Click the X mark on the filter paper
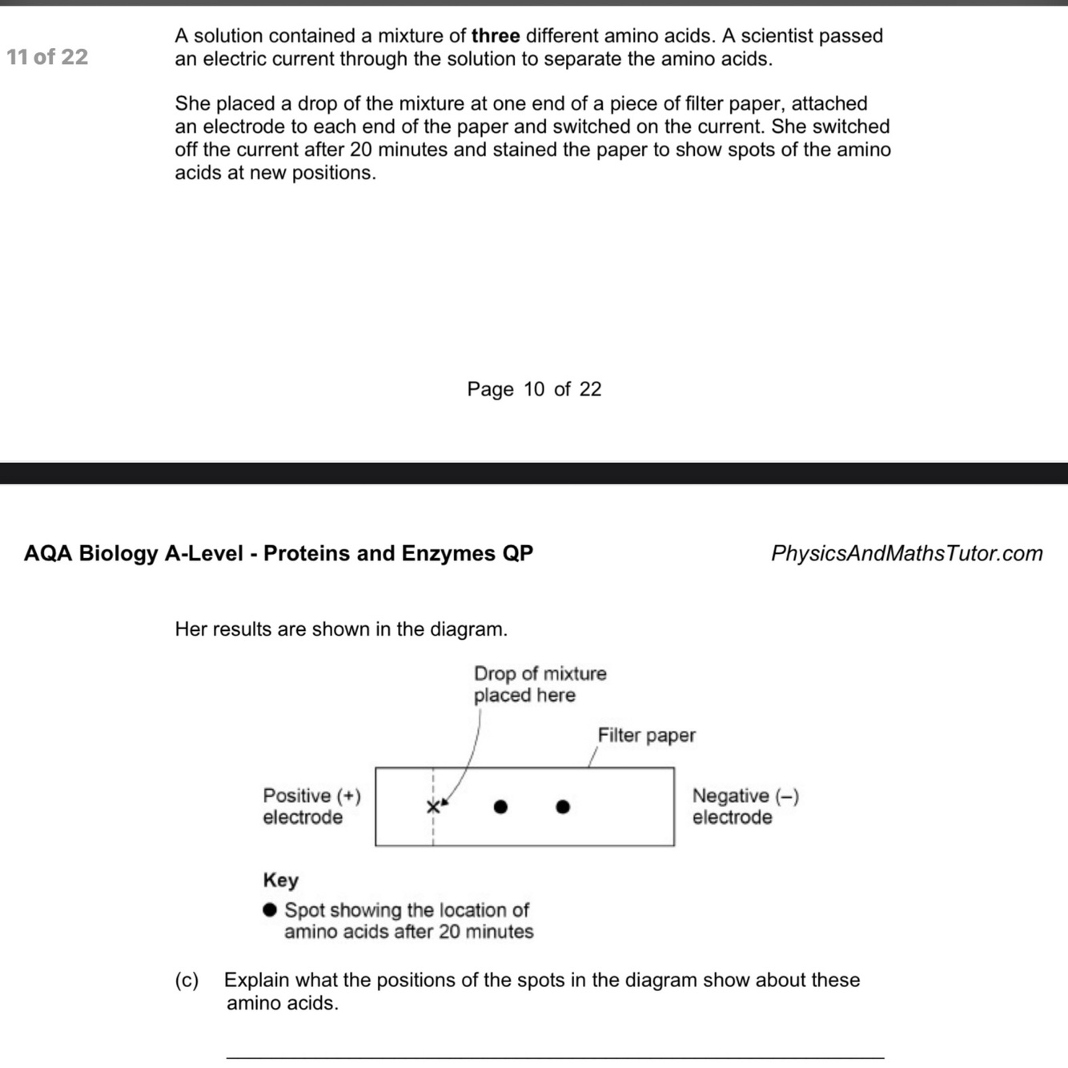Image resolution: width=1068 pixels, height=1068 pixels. tap(432, 806)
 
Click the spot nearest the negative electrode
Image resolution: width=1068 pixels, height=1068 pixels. tap(563, 806)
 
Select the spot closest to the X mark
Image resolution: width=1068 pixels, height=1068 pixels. tap(500, 806)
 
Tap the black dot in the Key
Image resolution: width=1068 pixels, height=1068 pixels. tap(271, 909)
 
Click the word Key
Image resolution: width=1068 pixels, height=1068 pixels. tap(280, 880)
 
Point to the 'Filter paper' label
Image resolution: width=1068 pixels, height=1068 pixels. tap(646, 735)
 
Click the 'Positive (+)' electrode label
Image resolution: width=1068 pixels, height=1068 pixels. tap(311, 796)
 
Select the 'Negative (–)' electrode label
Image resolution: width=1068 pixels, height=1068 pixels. tap(745, 796)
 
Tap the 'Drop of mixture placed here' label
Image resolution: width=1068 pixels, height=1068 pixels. tap(539, 684)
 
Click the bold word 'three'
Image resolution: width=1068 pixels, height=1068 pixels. tap(496, 36)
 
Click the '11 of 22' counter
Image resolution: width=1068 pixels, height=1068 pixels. tap(47, 57)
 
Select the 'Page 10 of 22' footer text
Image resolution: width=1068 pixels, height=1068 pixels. tap(534, 389)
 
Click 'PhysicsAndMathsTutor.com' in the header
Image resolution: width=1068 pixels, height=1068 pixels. tap(906, 553)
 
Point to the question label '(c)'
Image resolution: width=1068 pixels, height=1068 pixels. tap(187, 980)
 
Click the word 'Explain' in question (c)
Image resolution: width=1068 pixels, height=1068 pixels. tap(255, 980)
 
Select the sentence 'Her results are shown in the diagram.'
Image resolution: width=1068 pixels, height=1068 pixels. tap(341, 629)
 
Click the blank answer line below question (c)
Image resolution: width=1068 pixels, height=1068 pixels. tap(555, 1058)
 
